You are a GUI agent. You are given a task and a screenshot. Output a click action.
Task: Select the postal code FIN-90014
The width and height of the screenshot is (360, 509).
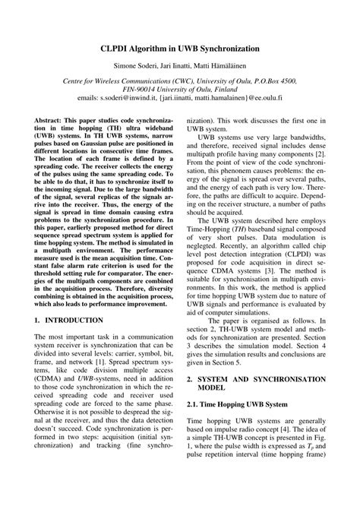(124, 88)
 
